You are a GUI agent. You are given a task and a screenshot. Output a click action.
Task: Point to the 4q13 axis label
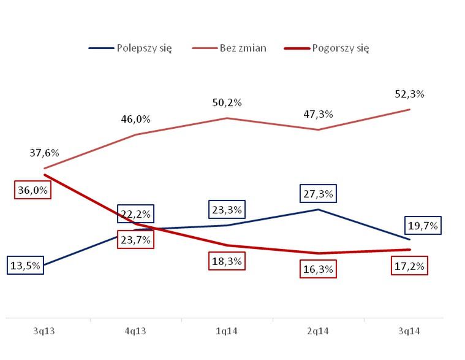pos(135,331)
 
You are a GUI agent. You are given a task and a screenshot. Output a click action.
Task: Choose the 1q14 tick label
pos(226,331)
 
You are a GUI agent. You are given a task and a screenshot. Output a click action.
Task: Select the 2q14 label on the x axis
pos(318,331)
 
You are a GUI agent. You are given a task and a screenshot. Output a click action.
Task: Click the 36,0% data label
pos(32,190)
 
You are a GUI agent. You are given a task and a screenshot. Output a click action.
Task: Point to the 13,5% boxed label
pos(26,266)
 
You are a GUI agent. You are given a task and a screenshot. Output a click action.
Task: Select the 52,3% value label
pos(410,94)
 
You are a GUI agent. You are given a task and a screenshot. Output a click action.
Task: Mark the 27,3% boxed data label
pos(318,194)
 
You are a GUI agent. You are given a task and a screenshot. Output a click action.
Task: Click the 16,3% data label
pos(318,269)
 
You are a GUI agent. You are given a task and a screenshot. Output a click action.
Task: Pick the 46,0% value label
pos(135,119)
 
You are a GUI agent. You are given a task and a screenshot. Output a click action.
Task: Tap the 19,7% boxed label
pos(422,226)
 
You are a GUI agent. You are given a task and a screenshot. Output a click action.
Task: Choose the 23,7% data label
pos(135,240)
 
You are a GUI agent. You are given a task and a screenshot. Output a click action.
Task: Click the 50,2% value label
pos(227,102)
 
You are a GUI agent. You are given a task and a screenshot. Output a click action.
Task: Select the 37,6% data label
pos(44,153)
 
